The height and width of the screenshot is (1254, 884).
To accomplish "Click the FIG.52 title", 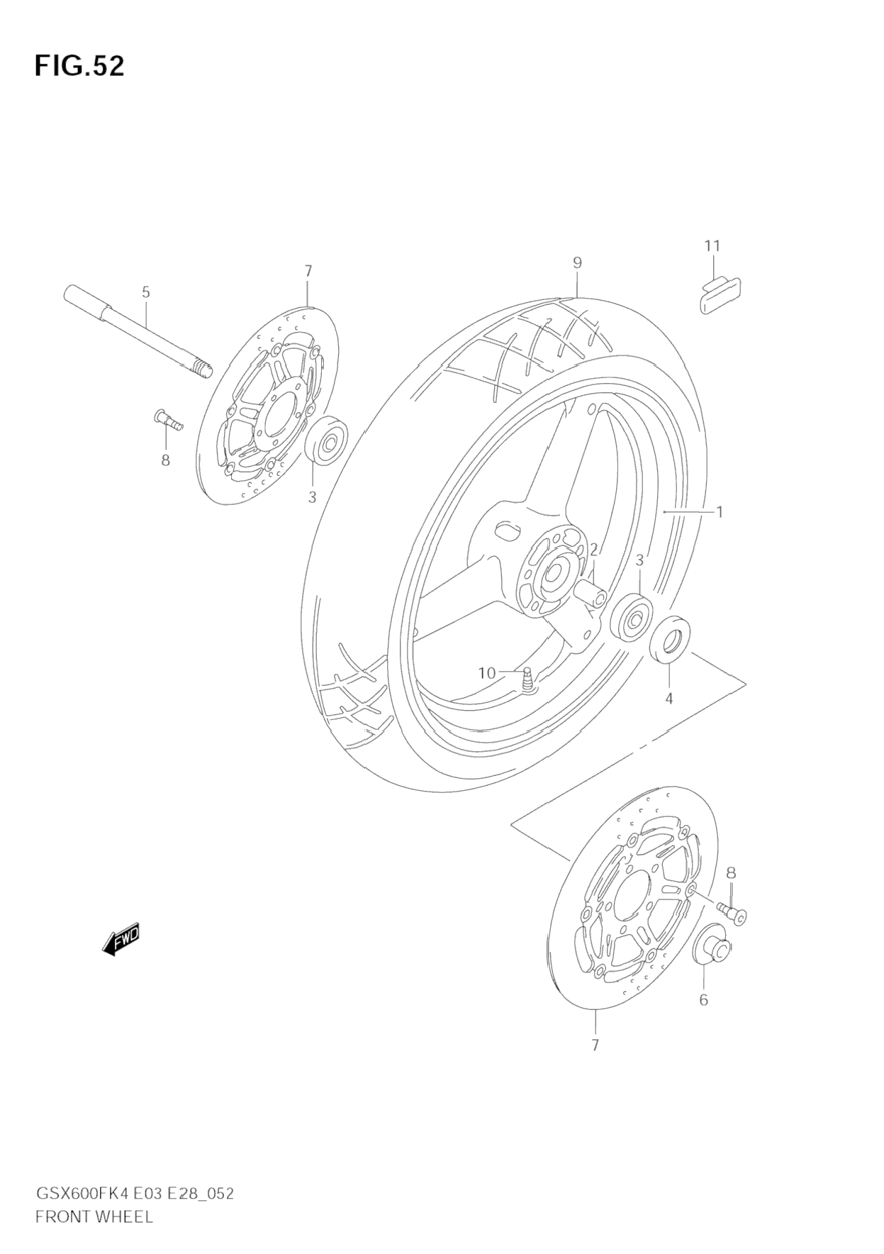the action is pos(79,66).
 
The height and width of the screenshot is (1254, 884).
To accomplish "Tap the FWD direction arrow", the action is pos(121,940).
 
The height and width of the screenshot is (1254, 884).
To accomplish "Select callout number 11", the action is pos(712,246).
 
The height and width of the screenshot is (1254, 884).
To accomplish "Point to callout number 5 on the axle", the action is pos(146,292).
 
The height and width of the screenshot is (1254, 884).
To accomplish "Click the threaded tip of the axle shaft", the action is pos(203,370).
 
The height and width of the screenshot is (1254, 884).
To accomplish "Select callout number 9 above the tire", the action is pos(577,262).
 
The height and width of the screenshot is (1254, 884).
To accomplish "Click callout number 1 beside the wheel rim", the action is pos(719,511).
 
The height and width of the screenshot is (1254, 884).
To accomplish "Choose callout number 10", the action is pos(487,672).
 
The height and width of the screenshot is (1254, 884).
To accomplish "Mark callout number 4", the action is pos(668,699).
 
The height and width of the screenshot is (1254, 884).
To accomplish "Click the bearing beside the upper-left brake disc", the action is pos(328,443).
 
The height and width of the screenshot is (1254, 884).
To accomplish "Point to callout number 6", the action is pos(703,1000).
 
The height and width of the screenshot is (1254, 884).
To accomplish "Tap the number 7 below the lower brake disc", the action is pos(595,1045).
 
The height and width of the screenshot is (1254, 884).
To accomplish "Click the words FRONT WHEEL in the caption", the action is pos(94,1216).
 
